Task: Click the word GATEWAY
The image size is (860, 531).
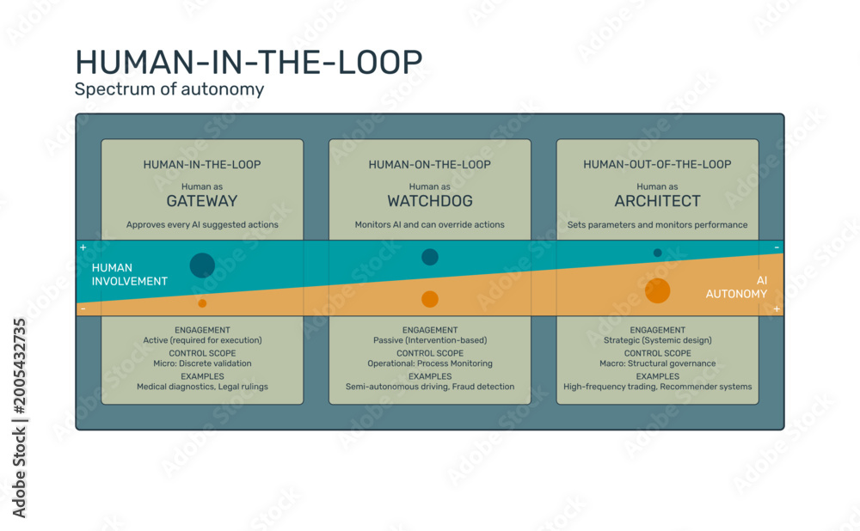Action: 202,201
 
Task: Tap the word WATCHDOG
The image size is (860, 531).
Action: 430,201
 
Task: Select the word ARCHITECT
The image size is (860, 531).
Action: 657,201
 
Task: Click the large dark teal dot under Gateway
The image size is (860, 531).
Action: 202,265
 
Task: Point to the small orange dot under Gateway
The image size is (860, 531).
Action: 202,303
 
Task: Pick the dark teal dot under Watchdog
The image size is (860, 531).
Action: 430,257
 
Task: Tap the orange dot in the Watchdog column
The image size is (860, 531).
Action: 430,299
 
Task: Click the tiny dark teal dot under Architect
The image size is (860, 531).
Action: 658,253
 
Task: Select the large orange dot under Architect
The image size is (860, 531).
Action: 658,290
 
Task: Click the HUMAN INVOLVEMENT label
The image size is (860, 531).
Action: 130,275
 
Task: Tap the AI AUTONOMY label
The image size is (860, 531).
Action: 736,287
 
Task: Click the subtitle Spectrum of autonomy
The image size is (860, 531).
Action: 169,88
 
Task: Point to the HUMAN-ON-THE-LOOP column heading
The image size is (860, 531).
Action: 429,164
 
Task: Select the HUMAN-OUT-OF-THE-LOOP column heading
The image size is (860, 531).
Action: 657,164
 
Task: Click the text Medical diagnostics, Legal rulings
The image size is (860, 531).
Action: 202,387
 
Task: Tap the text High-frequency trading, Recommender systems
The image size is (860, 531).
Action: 658,387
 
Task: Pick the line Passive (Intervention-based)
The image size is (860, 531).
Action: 430,340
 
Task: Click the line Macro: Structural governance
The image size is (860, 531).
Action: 658,363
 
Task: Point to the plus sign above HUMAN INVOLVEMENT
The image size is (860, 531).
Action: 83,247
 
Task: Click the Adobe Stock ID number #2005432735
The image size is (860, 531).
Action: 19,367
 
